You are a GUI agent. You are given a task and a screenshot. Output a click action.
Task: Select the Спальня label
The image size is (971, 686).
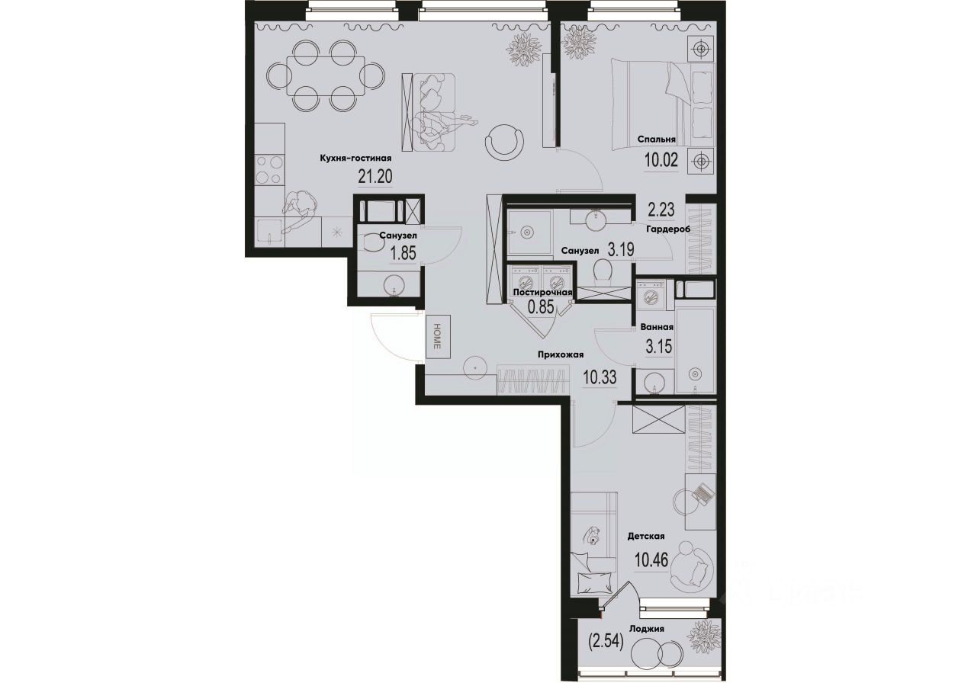(x=657, y=139)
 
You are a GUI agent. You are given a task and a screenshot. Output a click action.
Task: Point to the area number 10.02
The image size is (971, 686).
(x=661, y=161)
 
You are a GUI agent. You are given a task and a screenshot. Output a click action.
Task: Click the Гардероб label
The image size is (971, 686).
(x=667, y=229)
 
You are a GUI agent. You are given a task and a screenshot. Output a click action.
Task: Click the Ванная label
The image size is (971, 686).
(x=657, y=329)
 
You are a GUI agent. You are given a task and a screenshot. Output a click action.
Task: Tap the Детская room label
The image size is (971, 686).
(x=647, y=537)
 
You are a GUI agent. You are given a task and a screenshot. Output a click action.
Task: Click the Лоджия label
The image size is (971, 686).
(x=647, y=629)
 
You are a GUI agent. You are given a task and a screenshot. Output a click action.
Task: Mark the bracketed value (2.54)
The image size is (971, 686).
(x=606, y=642)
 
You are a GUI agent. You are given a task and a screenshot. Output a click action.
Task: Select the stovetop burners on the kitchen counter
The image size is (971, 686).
(x=269, y=169)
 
